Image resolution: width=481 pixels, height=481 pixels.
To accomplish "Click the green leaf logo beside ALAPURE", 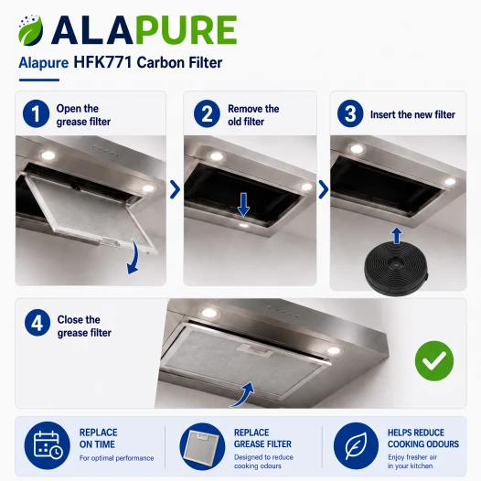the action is (31, 31).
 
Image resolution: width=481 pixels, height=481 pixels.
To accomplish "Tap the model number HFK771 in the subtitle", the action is (102, 62).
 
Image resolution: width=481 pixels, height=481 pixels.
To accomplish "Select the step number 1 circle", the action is (36, 113).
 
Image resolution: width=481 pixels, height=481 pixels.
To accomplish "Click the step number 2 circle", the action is (207, 113).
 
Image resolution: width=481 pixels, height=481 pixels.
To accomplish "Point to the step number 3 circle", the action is (350, 113).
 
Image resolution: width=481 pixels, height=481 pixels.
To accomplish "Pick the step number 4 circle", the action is (37, 323).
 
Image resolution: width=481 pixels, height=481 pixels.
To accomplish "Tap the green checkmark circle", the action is (434, 360).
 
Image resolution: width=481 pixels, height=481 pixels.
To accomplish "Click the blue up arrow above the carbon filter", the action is (397, 235).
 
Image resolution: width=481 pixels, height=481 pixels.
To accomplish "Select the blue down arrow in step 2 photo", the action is (243, 204).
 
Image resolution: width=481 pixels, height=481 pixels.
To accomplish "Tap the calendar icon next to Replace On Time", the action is (48, 445).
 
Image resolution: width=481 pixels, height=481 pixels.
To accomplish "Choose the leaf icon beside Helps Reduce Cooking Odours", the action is (356, 445).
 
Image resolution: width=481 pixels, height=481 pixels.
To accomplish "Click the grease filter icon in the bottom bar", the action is (202, 446).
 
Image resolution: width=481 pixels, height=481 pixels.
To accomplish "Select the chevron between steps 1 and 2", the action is (175, 189).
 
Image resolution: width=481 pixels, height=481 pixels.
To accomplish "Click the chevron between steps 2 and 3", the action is (324, 189).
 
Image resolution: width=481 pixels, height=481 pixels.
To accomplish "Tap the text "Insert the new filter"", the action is (412, 114).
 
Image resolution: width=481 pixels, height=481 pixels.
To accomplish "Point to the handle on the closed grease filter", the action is (255, 350).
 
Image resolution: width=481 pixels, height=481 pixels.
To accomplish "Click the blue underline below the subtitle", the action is (39, 80).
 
